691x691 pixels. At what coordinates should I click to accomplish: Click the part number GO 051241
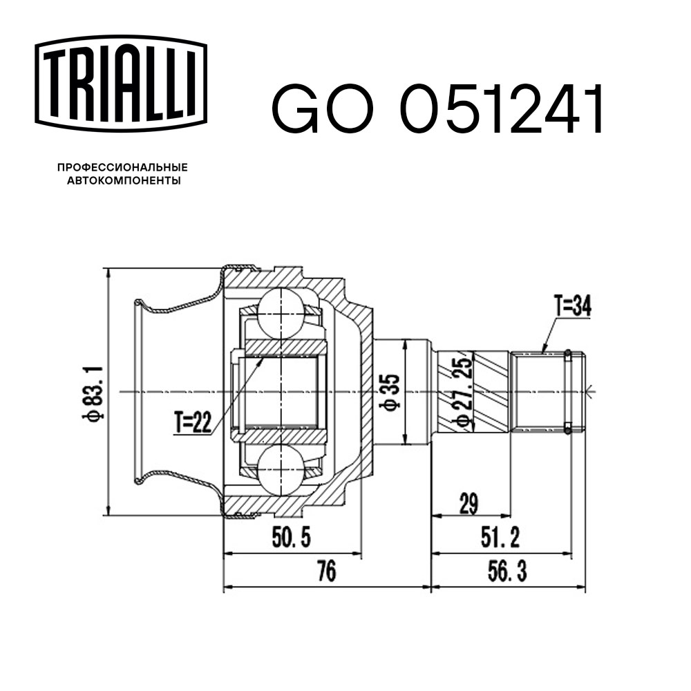pyautogui.click(x=438, y=110)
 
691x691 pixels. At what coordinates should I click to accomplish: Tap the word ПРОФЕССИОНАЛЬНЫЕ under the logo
pyautogui.click(x=122, y=167)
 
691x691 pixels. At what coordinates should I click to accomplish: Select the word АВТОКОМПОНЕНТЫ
pyautogui.click(x=122, y=181)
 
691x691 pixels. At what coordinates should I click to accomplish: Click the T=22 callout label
pyautogui.click(x=193, y=422)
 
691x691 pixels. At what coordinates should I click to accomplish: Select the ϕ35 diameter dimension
pyautogui.click(x=392, y=392)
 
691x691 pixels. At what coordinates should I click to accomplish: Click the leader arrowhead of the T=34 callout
pyautogui.click(x=543, y=352)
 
